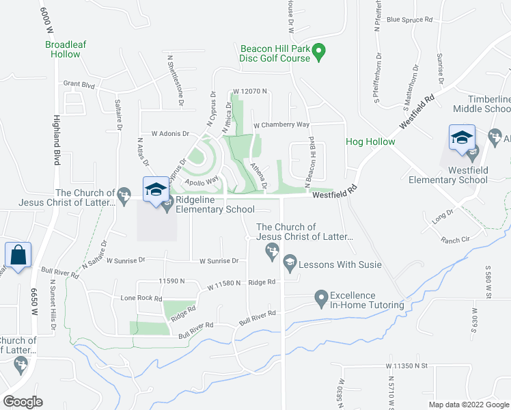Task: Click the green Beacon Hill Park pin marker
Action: (318, 51)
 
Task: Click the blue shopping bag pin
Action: (17, 256)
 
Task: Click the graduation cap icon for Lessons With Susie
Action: (290, 262)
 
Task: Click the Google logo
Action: (23, 401)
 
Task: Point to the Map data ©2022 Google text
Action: (469, 405)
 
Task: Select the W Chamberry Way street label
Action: (281, 125)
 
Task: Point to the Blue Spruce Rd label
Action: (410, 19)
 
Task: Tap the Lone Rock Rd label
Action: (141, 299)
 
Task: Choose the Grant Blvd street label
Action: (79, 84)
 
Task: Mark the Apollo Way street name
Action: (202, 180)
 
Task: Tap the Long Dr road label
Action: (443, 219)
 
